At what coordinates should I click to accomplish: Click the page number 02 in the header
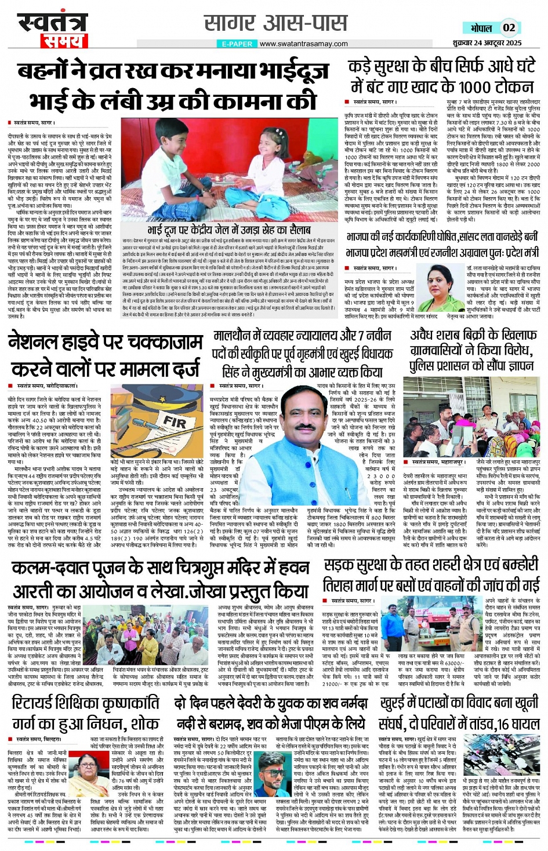click(509, 27)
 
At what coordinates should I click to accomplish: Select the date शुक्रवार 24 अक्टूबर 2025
click(487, 43)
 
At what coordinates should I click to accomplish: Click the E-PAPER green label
click(237, 44)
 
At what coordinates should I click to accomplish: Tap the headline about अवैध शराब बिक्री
click(473, 350)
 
